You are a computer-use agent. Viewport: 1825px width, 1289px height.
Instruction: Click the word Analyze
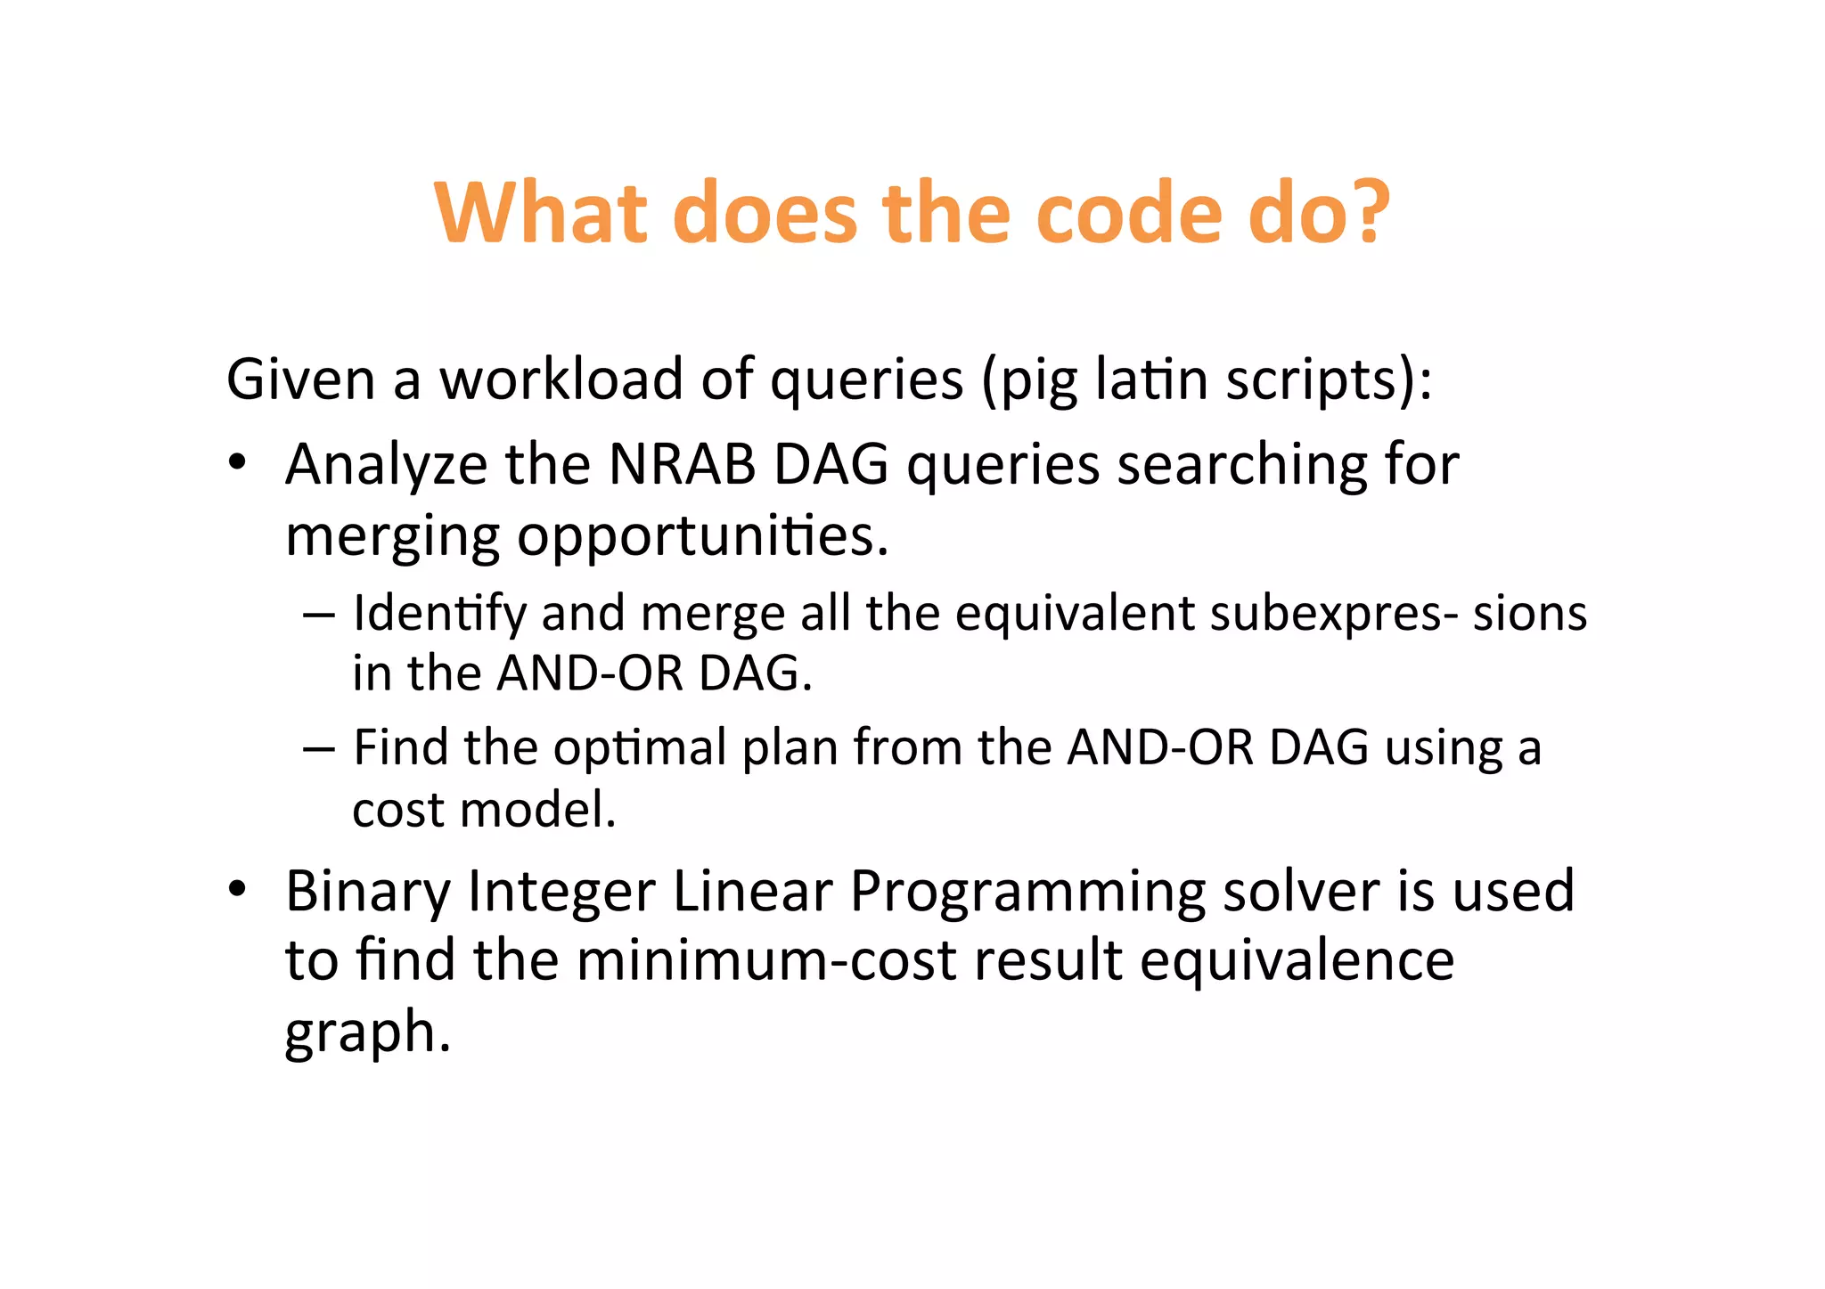pyautogui.click(x=386, y=465)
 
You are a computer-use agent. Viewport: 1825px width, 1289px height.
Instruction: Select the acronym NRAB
pyautogui.click(x=682, y=465)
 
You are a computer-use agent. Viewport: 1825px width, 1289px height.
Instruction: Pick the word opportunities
pyautogui.click(x=702, y=537)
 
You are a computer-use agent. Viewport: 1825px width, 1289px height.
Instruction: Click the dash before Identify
pyautogui.click(x=318, y=614)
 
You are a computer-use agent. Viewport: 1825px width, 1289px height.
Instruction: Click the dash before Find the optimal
pyautogui.click(x=318, y=747)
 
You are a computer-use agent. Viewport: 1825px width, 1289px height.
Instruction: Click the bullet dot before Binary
pyautogui.click(x=236, y=888)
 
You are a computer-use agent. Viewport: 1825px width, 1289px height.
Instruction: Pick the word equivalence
pyautogui.click(x=1296, y=960)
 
